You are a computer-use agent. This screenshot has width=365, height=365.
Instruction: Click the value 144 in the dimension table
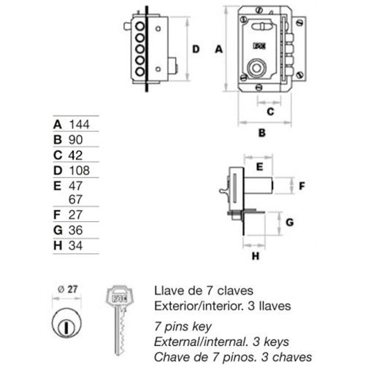(x=80, y=124)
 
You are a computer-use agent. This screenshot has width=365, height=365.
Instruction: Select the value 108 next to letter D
(x=80, y=170)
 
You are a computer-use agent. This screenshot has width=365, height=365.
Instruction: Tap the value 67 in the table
(x=75, y=199)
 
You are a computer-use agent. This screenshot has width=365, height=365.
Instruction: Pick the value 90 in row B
(x=75, y=139)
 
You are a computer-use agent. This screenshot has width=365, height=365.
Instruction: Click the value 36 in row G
(x=75, y=230)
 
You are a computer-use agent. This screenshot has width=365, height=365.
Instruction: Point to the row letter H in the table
(x=58, y=245)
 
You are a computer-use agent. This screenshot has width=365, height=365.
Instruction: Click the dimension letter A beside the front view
(x=219, y=49)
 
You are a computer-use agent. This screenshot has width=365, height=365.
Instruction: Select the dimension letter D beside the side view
(x=196, y=49)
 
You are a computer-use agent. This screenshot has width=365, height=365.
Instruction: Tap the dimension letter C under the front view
(x=270, y=112)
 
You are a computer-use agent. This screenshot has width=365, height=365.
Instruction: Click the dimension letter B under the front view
(x=262, y=133)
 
